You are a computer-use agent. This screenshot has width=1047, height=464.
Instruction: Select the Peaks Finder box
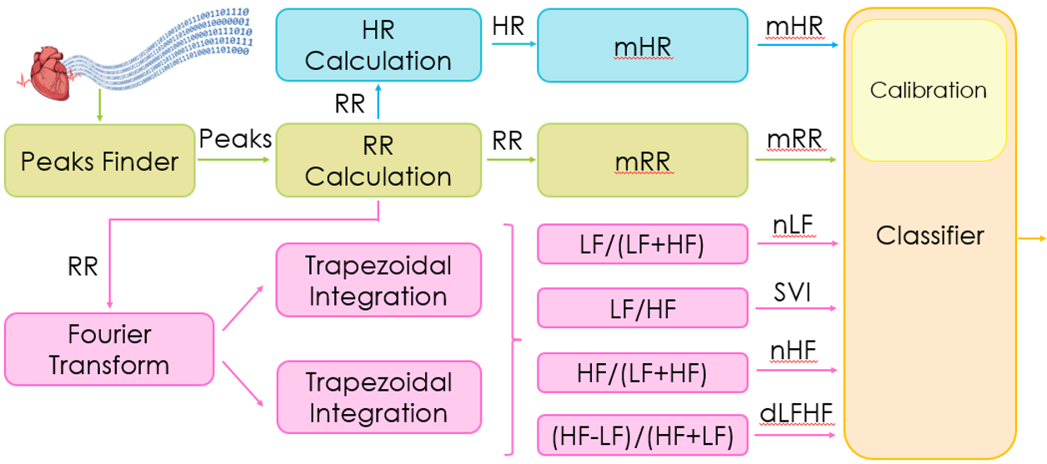tap(99, 161)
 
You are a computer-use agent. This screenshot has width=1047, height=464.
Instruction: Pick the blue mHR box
tap(643, 46)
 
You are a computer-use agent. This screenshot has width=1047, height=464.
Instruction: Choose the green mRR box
tap(643, 161)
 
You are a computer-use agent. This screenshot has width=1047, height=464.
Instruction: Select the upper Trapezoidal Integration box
tap(378, 280)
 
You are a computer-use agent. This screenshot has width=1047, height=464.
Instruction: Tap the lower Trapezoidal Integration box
tap(378, 397)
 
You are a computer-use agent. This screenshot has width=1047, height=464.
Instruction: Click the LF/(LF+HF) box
tap(642, 243)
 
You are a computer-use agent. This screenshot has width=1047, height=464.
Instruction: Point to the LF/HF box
tap(642, 308)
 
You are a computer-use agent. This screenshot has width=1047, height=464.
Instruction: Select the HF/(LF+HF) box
tap(642, 373)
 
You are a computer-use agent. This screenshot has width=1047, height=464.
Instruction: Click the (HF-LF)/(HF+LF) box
tap(642, 436)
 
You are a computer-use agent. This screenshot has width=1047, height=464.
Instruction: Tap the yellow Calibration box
tap(929, 90)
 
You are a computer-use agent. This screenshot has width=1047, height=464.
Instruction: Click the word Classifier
tap(929, 236)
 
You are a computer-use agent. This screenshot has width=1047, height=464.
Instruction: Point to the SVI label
tap(794, 292)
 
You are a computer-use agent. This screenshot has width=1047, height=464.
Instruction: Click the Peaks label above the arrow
tap(235, 138)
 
